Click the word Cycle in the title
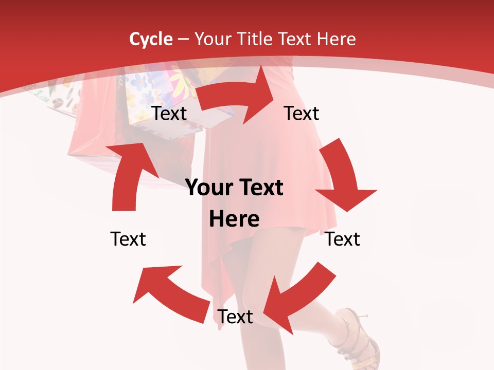tap(151, 39)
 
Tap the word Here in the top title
tap(337, 39)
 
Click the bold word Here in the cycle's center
tap(234, 219)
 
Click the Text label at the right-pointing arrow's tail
tap(169, 113)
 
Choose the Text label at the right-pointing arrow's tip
tap(302, 113)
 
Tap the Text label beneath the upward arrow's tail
tap(128, 239)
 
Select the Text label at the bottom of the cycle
tap(235, 317)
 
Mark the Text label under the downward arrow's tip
tap(343, 239)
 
